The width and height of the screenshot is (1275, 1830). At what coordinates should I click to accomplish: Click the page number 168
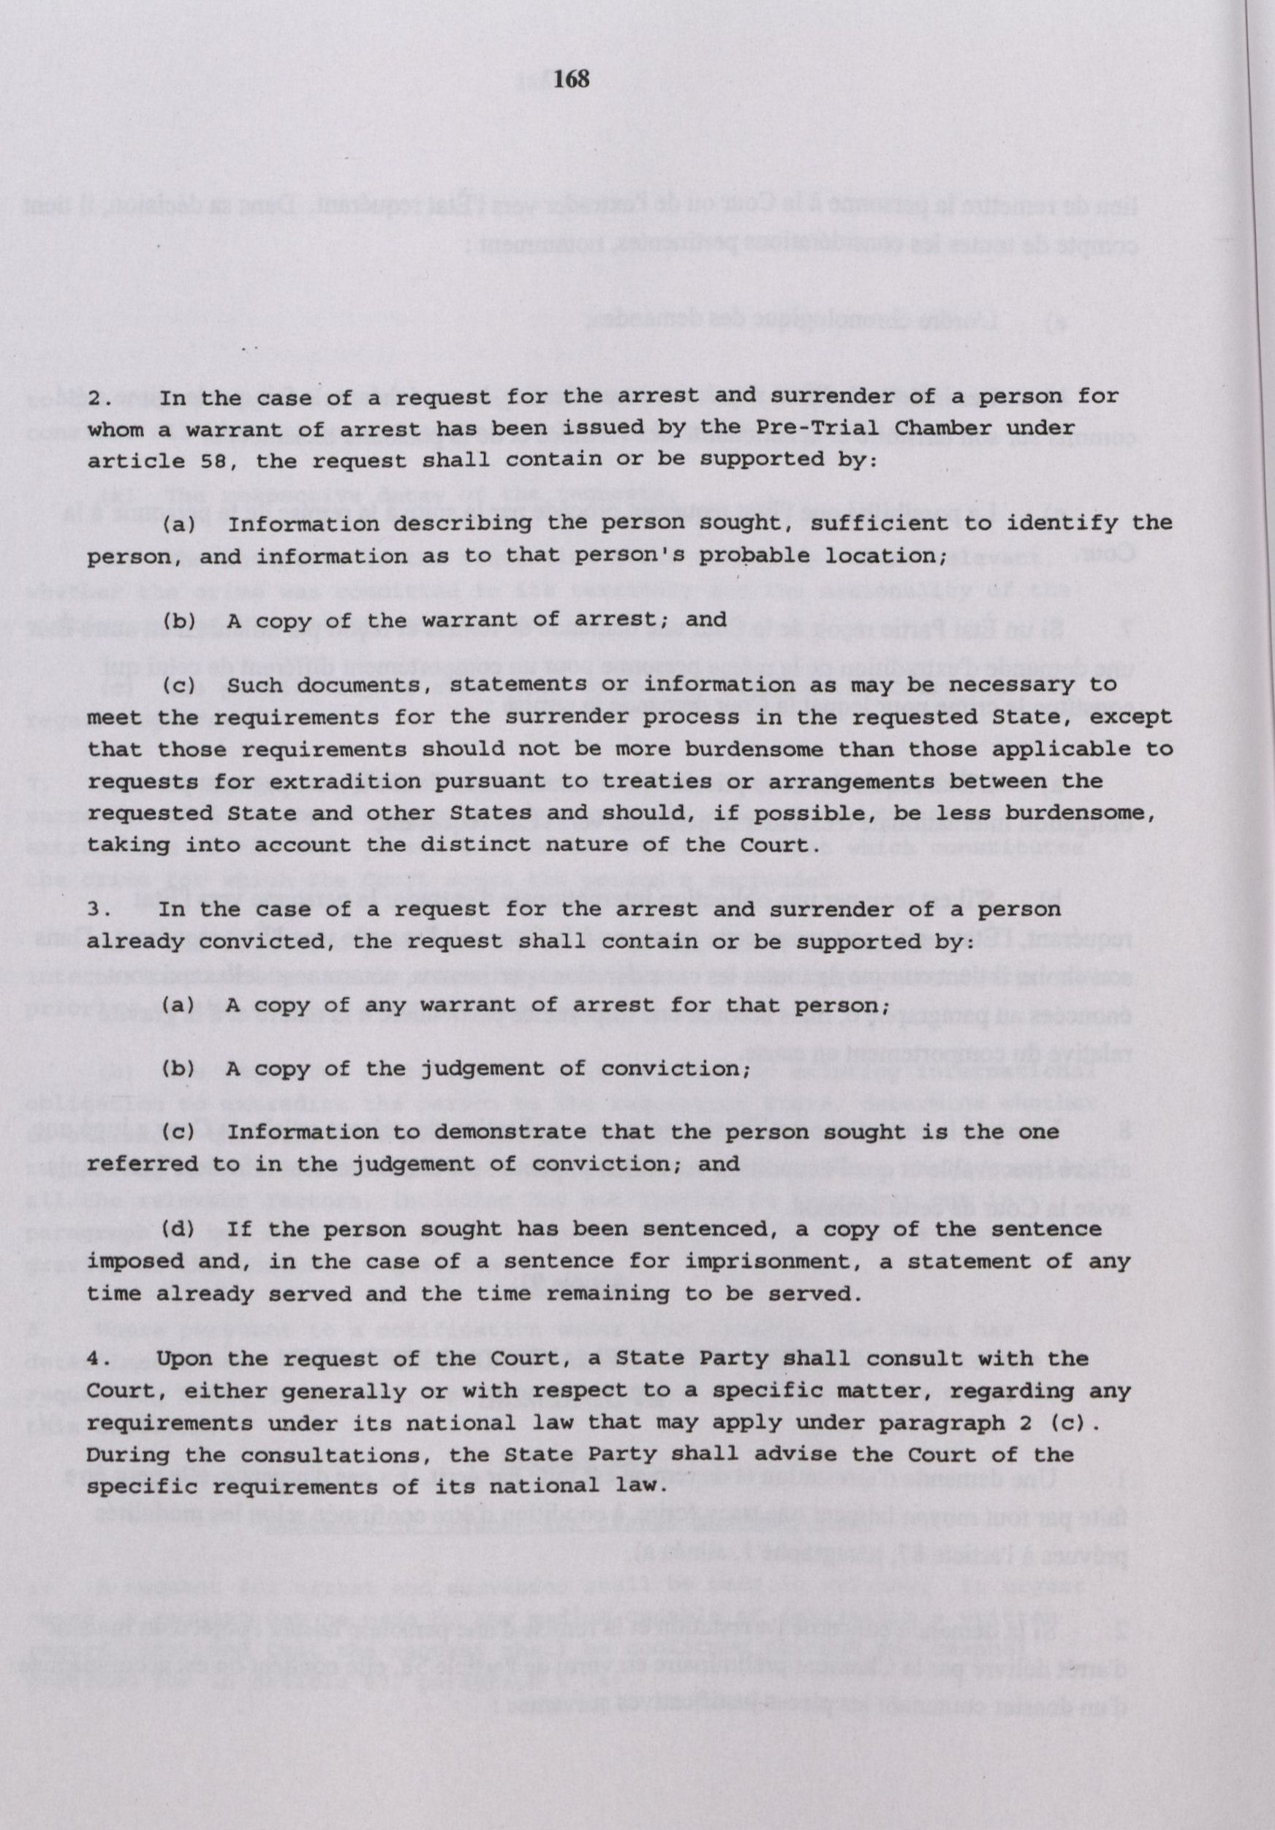[572, 79]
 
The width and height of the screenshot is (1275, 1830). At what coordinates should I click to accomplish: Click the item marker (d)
[178, 1230]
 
